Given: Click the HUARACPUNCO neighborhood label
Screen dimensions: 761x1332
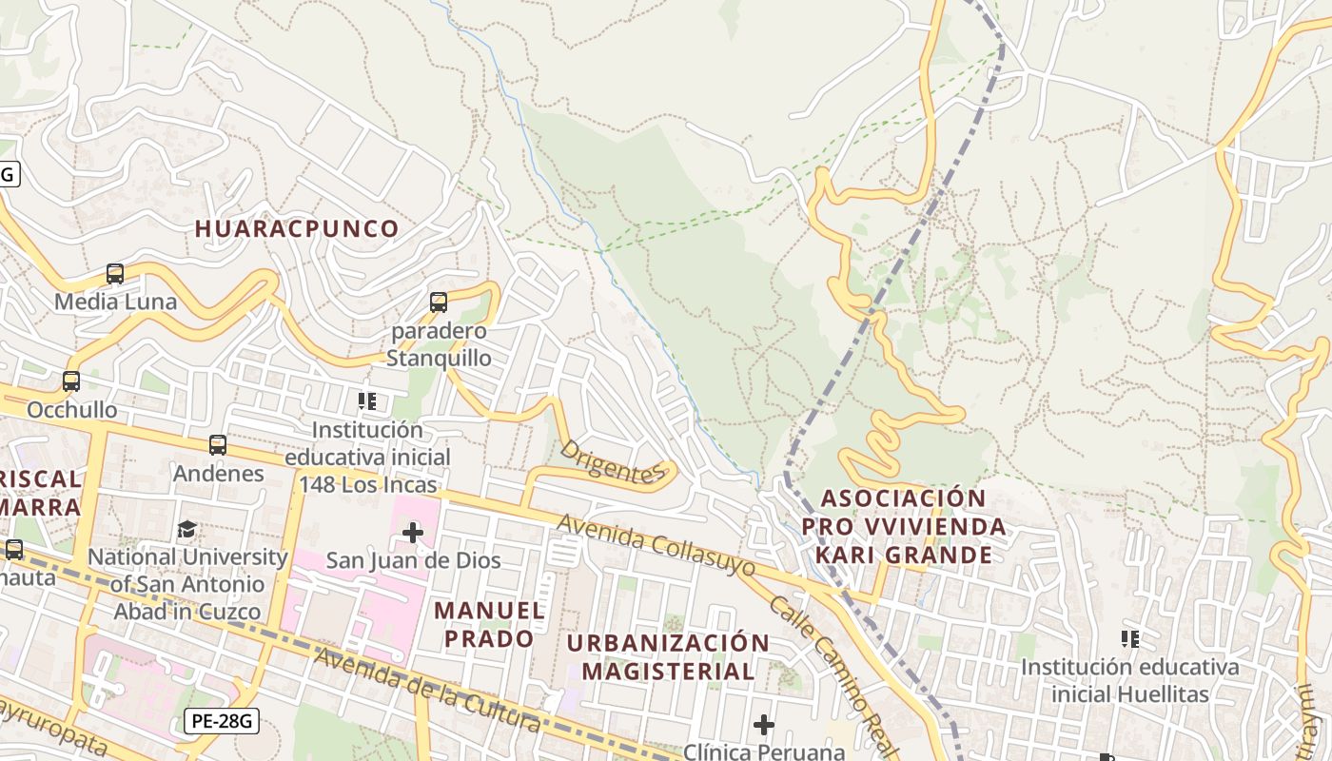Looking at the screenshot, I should (x=297, y=228).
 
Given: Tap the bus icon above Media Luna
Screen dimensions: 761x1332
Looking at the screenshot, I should (x=115, y=274).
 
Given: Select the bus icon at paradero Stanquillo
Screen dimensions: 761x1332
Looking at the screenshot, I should (x=439, y=302).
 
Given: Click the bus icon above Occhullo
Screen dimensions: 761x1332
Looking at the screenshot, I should (x=71, y=381).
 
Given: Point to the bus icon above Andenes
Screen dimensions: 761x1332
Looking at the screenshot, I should (x=218, y=445).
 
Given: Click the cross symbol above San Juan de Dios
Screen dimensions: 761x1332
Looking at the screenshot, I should (x=413, y=532).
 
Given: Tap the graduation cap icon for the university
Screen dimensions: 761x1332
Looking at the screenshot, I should (x=187, y=529).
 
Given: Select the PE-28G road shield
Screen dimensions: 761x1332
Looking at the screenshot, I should (x=222, y=721).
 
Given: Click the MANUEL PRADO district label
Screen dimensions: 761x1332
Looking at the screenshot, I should (x=490, y=624).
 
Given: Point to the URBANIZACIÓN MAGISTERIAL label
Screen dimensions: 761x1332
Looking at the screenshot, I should (x=668, y=656).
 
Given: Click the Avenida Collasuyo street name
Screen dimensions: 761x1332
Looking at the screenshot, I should (x=656, y=546).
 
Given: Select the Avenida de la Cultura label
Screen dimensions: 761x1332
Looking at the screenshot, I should (x=428, y=690).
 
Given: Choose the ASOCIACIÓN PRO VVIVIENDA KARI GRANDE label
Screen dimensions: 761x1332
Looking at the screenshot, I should (x=903, y=526).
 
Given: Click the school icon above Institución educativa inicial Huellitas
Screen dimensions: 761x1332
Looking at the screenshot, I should (x=1130, y=638).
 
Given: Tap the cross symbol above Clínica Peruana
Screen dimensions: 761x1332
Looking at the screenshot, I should (x=763, y=726).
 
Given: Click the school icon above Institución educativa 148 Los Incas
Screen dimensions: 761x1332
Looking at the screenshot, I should (x=367, y=401).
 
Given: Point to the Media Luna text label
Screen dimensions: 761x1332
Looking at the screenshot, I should (x=115, y=302).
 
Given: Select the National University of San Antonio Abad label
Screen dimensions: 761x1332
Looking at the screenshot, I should (x=187, y=583).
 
